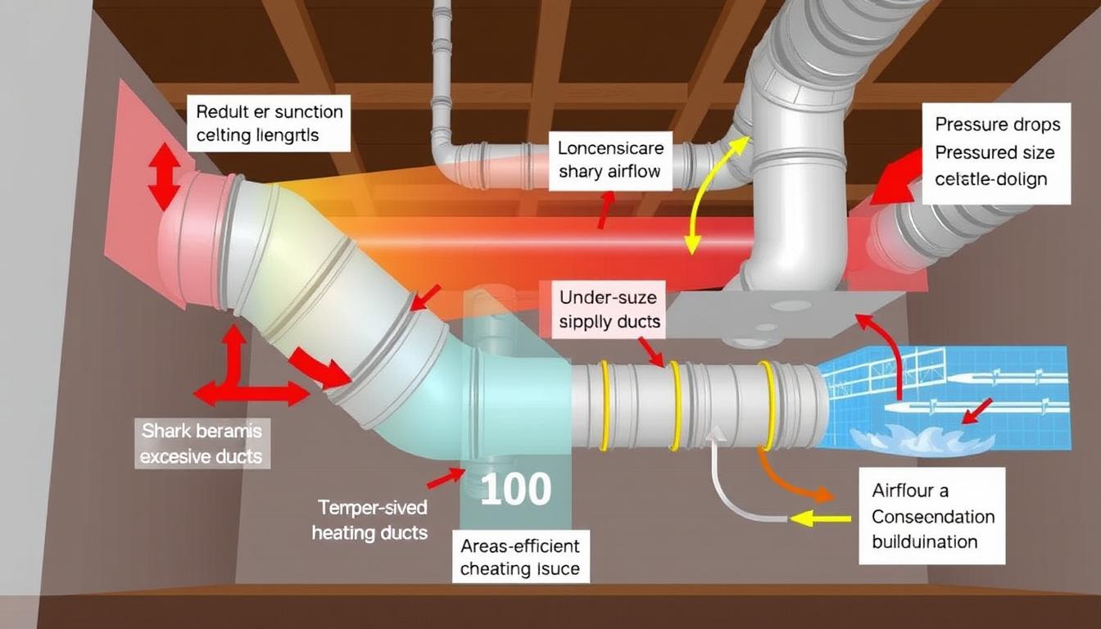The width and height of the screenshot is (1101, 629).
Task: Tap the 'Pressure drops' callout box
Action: pyautogui.click(x=997, y=153)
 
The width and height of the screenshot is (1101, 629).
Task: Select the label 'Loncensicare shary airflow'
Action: pyautogui.click(x=609, y=161)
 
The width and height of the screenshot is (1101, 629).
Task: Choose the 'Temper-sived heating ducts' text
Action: pyautogui.click(x=369, y=520)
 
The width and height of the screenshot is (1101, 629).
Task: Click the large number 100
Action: pyautogui.click(x=515, y=490)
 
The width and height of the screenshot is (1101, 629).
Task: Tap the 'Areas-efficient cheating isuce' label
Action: pyautogui.click(x=519, y=557)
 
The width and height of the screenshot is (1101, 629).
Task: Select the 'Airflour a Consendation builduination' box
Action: pyautogui.click(x=932, y=516)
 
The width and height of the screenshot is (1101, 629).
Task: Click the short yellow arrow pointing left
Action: pyautogui.click(x=819, y=518)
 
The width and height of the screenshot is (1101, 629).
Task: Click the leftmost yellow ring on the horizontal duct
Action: pyautogui.click(x=604, y=405)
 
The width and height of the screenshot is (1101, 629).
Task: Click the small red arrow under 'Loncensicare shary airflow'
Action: pyautogui.click(x=604, y=210)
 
